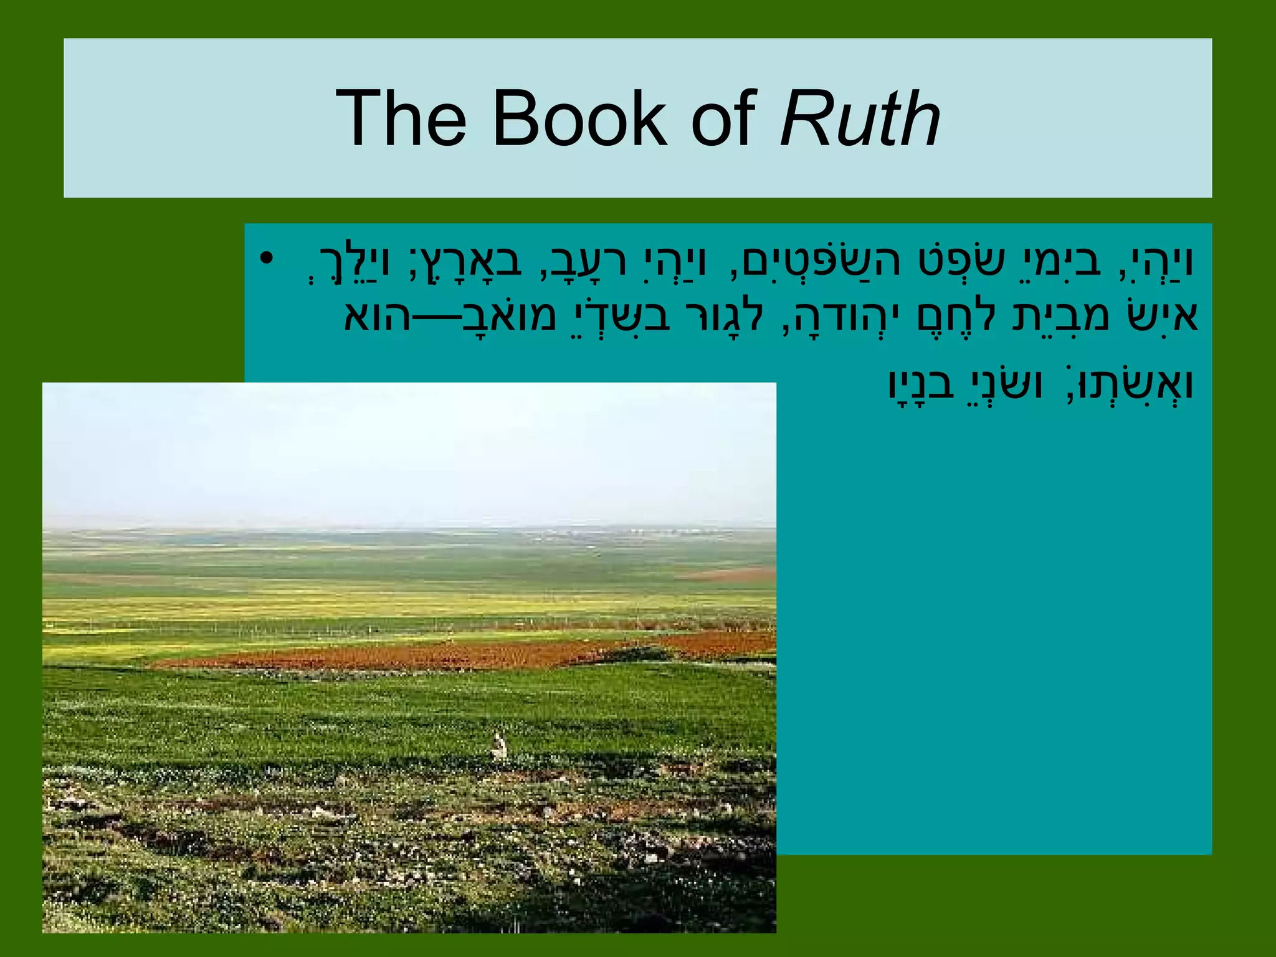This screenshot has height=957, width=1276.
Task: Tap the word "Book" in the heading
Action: coord(579,118)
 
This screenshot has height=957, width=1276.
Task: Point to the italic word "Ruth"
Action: coord(860,118)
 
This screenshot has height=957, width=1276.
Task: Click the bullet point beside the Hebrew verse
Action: coord(267,258)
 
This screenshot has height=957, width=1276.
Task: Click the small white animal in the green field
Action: coord(499,746)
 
